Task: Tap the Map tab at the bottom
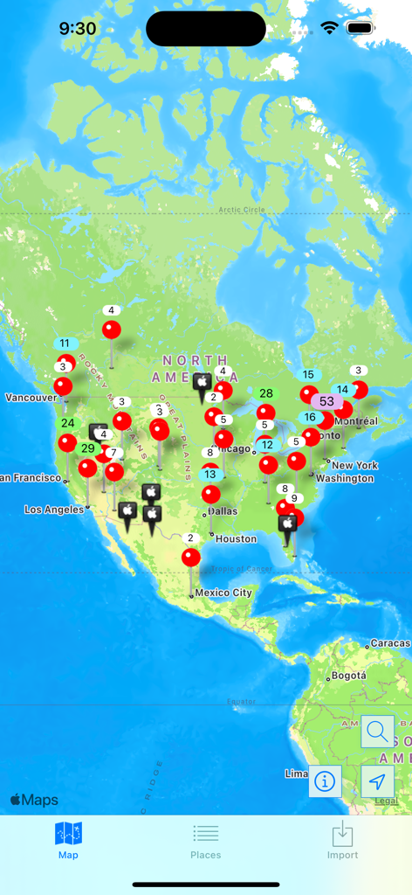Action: [x=68, y=841]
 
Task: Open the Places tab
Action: [x=206, y=841]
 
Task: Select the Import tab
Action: [x=342, y=841]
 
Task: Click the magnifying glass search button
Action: [x=377, y=732]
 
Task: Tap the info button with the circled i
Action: [x=325, y=781]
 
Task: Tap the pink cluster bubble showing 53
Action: [x=326, y=401]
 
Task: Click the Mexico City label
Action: [x=223, y=593]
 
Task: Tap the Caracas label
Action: [x=389, y=643]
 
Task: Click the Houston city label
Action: [x=236, y=539]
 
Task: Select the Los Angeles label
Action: [x=54, y=510]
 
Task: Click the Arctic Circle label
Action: [x=242, y=210]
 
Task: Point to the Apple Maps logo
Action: [x=34, y=800]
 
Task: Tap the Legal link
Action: [x=386, y=801]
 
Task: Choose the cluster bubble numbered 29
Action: [x=88, y=448]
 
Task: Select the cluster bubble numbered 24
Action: [x=67, y=423]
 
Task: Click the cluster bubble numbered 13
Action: [x=210, y=475]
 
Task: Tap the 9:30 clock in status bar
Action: [x=78, y=29]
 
